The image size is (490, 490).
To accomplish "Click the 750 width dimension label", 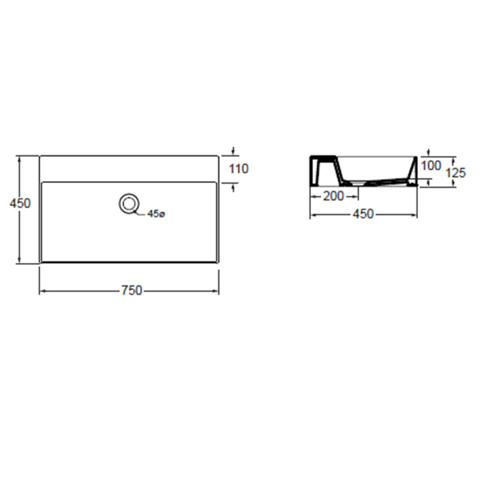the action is click(132, 290).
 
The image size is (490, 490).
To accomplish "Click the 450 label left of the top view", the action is click(20, 203).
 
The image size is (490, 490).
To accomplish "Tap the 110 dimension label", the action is click(239, 169).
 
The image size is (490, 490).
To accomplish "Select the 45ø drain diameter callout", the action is click(156, 214).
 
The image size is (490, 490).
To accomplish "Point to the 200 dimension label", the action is click(333, 196).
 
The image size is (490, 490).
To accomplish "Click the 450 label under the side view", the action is click(363, 214).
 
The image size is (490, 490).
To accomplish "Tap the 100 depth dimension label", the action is click(431, 165).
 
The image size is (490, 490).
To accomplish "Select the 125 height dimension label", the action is click(456, 173).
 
